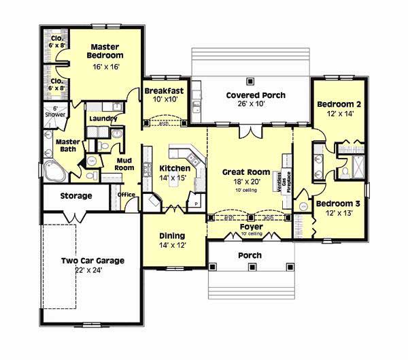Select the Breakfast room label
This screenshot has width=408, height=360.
point(163,90)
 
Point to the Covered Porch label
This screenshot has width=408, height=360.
point(256,95)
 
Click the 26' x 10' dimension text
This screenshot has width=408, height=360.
point(256,105)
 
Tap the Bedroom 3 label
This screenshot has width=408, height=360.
point(337,203)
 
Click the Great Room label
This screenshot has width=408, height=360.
point(246,172)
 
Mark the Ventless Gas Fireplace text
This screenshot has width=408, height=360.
point(282,182)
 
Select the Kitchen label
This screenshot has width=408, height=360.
point(174,168)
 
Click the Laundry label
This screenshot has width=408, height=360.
point(103,118)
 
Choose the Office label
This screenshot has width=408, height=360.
point(126,195)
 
